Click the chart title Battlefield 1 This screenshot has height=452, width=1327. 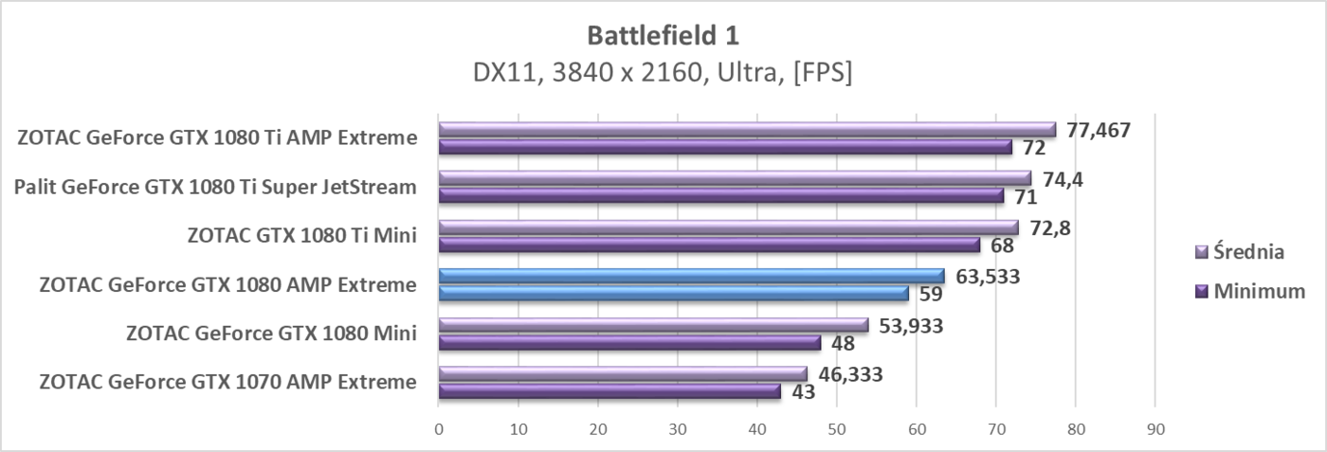pos(663,35)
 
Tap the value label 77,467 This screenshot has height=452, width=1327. pos(1098,130)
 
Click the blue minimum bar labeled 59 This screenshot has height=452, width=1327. pos(673,294)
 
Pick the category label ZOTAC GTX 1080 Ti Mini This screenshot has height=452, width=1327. pos(302,236)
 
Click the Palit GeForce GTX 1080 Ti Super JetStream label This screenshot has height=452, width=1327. pos(215,187)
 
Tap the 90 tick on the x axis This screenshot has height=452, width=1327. pos(1154,429)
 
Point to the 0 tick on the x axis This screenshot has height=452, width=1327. pos(438,429)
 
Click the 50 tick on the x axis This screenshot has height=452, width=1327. pos(836,429)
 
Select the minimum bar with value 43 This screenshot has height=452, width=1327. pos(609,391)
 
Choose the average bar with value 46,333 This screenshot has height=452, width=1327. pos(622,373)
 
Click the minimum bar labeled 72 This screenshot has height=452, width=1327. pos(724,147)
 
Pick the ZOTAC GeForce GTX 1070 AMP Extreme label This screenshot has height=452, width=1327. pos(227,383)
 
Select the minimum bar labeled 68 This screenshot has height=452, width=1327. pos(708,245)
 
